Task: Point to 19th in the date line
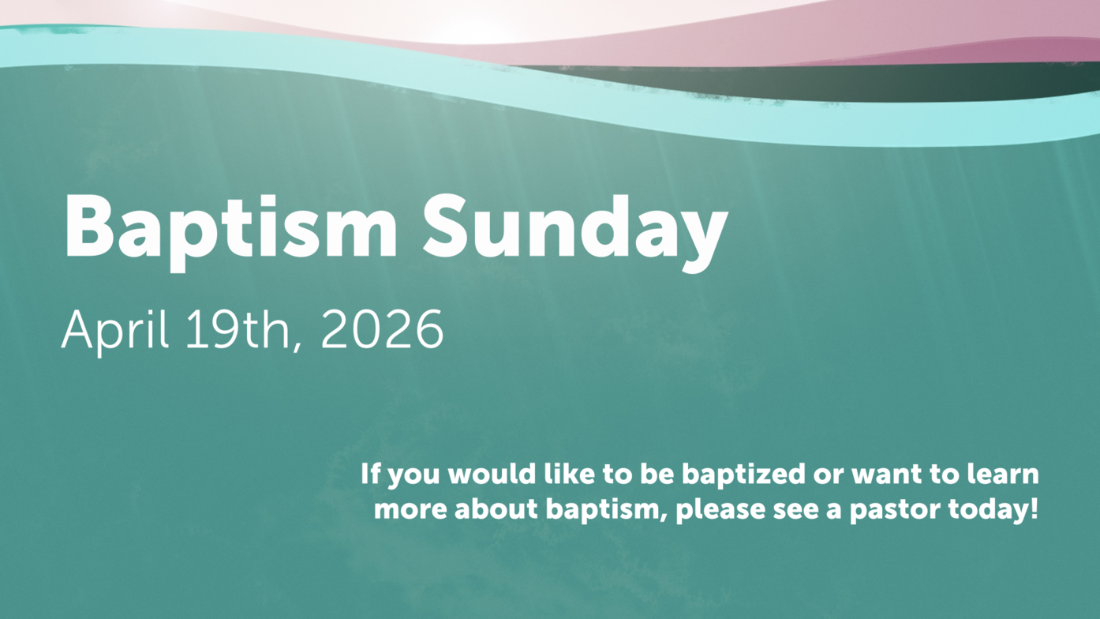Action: (x=238, y=329)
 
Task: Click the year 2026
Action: (x=382, y=329)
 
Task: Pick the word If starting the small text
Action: (x=371, y=474)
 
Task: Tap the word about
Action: (x=496, y=509)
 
